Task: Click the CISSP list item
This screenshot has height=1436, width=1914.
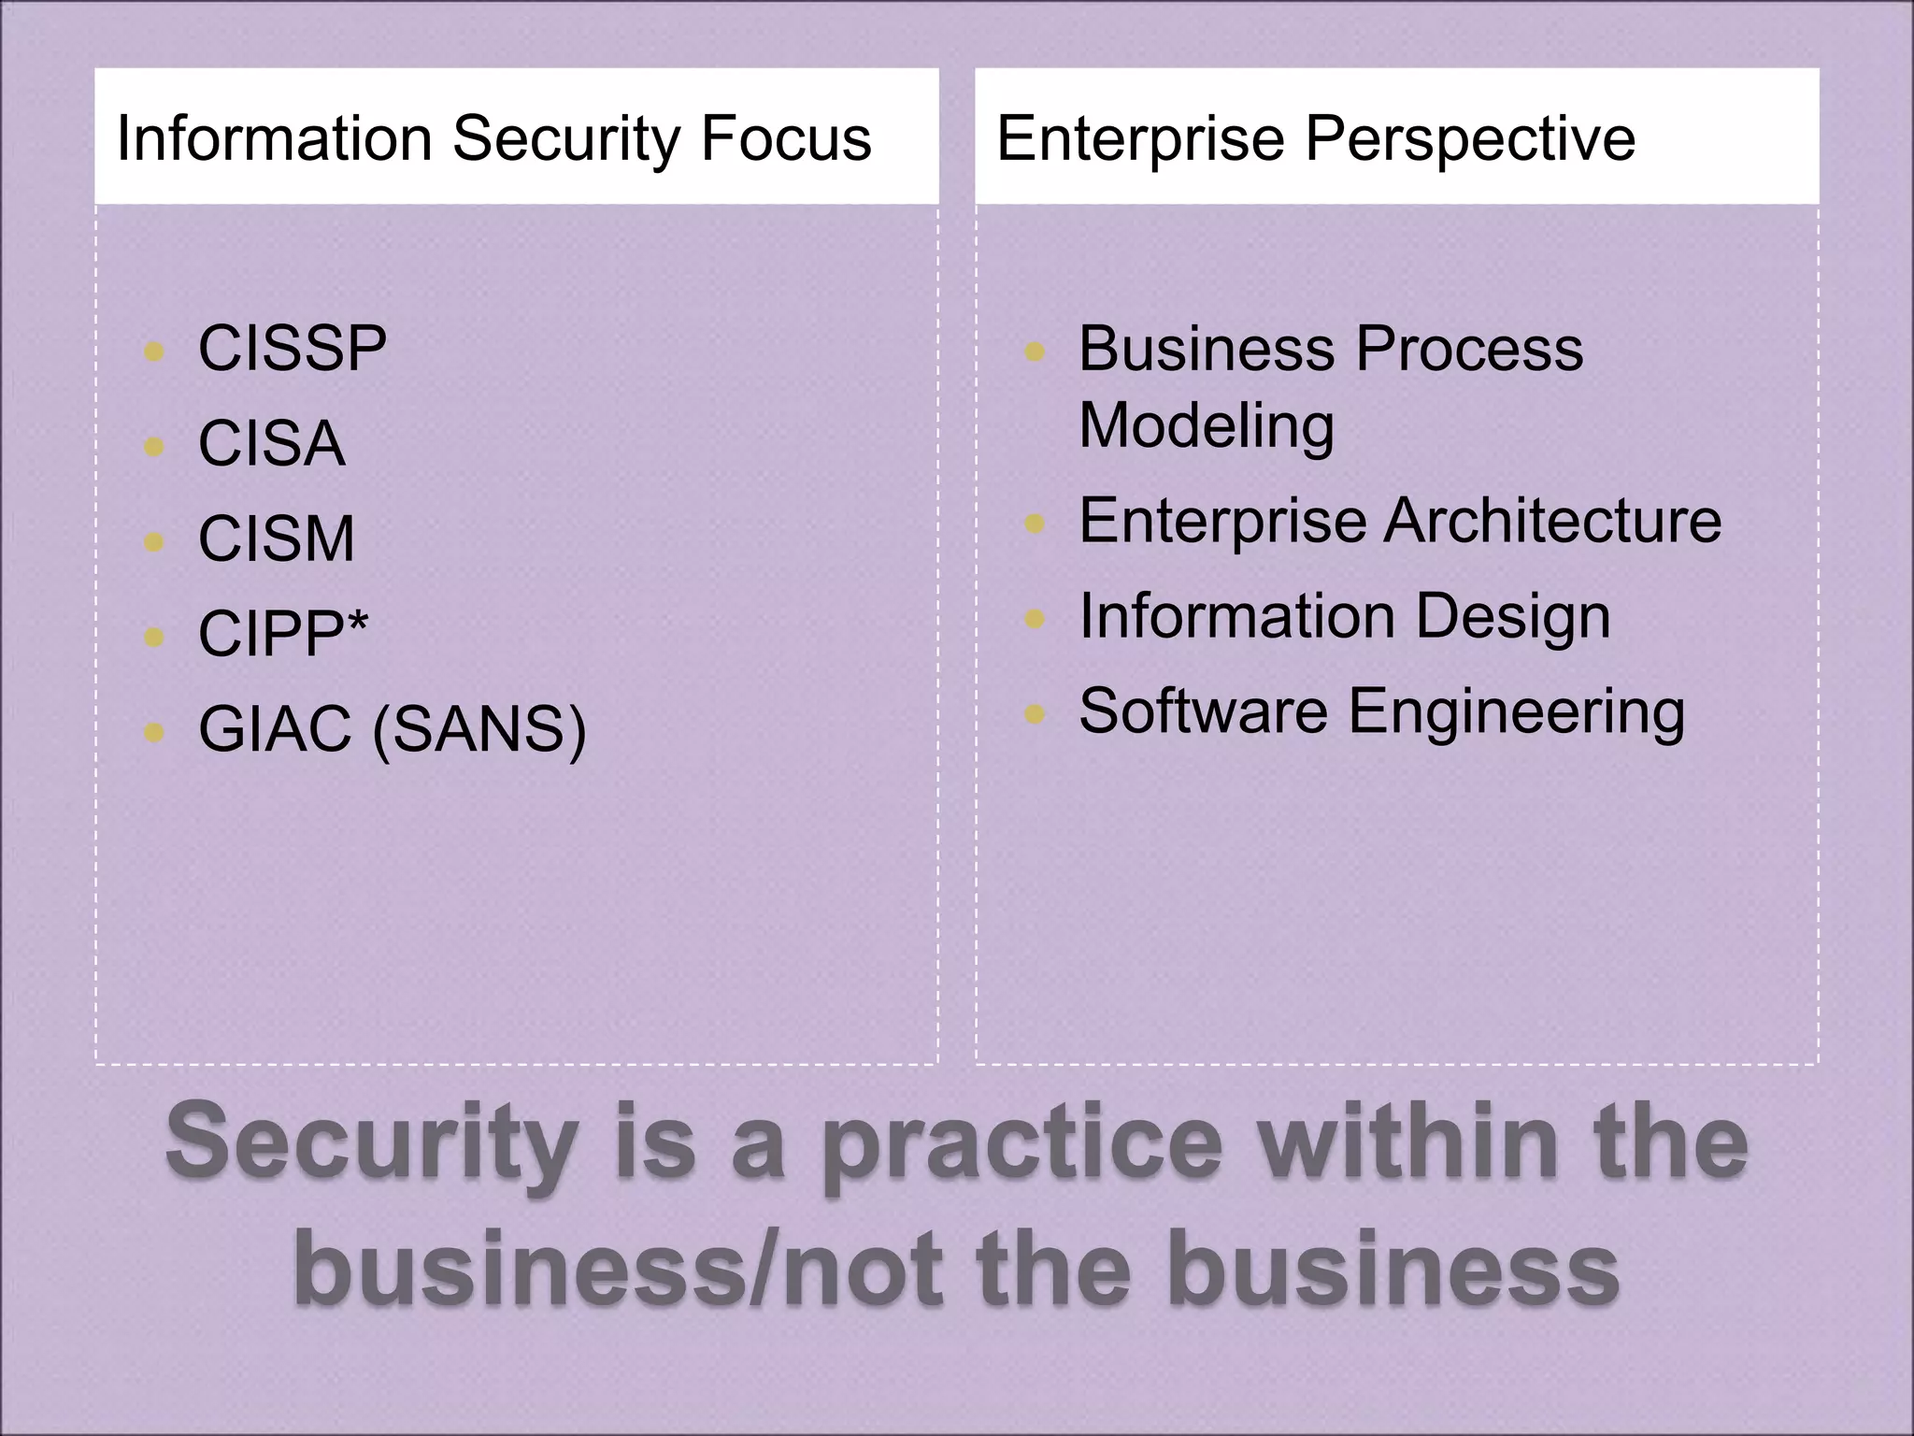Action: click(x=292, y=349)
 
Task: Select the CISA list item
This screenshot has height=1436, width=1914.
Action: click(x=271, y=443)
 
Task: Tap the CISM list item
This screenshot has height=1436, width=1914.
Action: click(x=277, y=538)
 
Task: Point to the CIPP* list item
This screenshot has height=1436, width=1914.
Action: click(x=283, y=634)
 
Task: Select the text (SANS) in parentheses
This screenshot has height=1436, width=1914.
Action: click(x=479, y=730)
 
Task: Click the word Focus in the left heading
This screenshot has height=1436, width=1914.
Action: click(x=785, y=138)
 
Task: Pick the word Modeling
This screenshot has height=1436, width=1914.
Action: click(x=1207, y=426)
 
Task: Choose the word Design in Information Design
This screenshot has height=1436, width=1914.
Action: click(x=1513, y=618)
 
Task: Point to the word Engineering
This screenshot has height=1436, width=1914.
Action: click(x=1517, y=713)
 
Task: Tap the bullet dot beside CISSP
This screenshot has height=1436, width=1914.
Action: click(x=154, y=352)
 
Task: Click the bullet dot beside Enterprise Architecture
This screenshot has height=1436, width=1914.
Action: click(x=1034, y=524)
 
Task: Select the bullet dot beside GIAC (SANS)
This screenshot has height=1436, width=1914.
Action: click(x=154, y=732)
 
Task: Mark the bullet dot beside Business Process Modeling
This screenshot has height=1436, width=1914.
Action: click(x=1034, y=352)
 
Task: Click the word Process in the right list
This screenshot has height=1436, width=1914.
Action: click(x=1469, y=349)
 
